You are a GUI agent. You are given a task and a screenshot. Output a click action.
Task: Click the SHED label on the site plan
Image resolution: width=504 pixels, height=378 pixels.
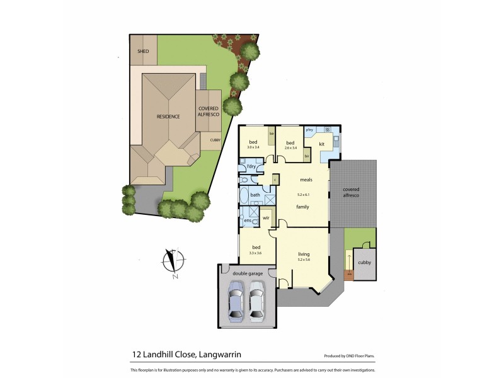tap(144, 51)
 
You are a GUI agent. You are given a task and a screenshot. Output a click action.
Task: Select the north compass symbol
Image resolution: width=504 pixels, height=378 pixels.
tap(172, 261)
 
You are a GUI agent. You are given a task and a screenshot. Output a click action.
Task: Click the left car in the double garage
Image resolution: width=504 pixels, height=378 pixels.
tap(236, 300)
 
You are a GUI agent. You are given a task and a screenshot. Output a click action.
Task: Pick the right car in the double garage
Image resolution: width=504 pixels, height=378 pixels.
tap(257, 300)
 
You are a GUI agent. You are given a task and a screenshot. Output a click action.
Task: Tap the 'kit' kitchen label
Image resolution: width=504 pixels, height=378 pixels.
tap(321, 144)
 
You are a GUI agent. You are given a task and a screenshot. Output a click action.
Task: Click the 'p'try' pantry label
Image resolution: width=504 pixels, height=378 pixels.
tap(309, 130)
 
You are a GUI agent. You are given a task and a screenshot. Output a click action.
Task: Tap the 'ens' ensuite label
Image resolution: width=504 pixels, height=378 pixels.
tap(248, 220)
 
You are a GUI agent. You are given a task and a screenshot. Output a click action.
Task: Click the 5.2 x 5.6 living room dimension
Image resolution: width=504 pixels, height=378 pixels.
tap(304, 260)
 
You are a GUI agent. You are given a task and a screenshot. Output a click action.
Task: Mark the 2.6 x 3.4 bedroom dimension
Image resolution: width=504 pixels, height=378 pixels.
tap(290, 149)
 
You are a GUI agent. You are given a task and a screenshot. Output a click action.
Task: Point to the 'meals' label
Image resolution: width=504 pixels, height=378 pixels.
tap(306, 179)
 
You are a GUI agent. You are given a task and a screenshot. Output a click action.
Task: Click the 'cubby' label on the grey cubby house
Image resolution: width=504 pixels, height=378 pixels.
tap(364, 261)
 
